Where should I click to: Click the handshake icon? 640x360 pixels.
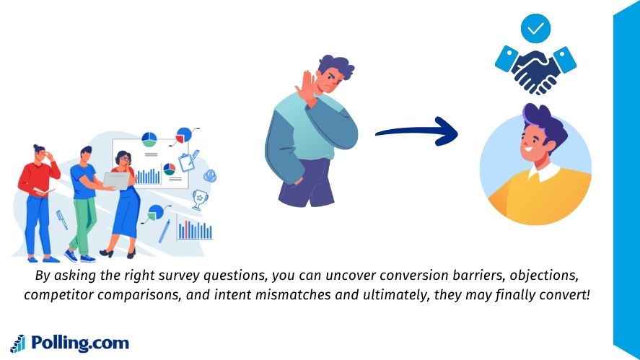click(x=535, y=67)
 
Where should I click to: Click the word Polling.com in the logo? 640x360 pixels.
click(x=79, y=343)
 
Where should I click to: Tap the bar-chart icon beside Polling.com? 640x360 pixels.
click(x=18, y=343)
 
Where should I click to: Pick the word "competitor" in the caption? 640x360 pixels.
click(x=58, y=295)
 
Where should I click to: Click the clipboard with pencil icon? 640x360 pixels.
click(x=189, y=159)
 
